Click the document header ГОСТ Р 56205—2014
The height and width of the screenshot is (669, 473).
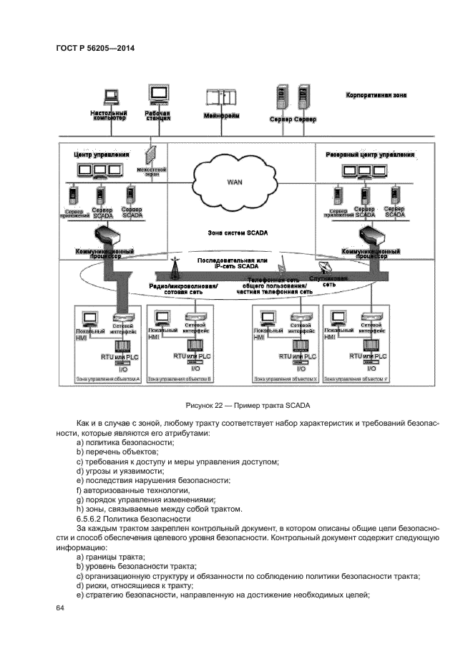pyautogui.click(x=94, y=48)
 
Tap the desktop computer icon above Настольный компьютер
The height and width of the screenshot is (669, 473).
pyautogui.click(x=111, y=97)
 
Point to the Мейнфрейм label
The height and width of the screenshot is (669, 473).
pyautogui.click(x=221, y=116)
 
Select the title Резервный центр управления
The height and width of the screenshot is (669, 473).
pyautogui.click(x=370, y=154)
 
